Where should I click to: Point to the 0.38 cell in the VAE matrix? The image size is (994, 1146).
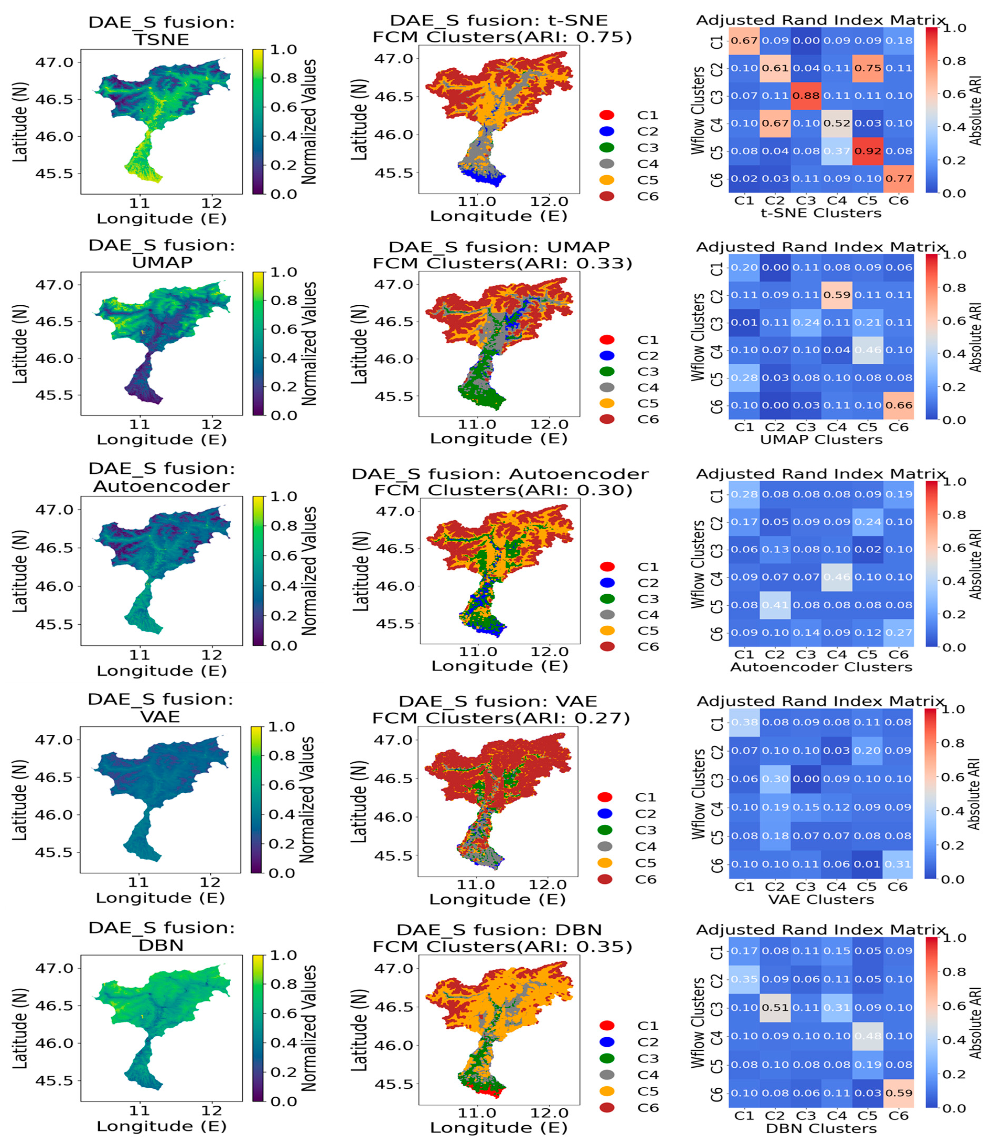(x=744, y=722)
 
